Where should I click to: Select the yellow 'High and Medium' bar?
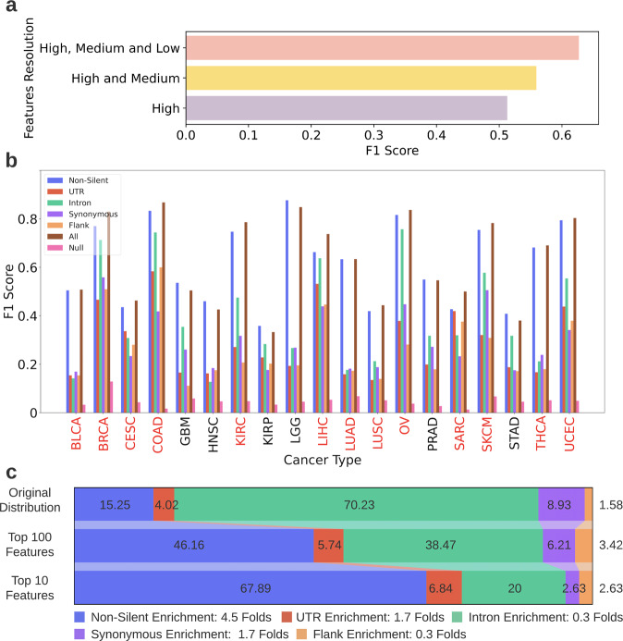pos(360,78)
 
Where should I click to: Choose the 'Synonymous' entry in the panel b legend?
pos(96,213)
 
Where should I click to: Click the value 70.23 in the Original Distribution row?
pos(355,506)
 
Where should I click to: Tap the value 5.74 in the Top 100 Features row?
pos(328,548)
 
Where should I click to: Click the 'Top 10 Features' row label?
pos(36,589)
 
